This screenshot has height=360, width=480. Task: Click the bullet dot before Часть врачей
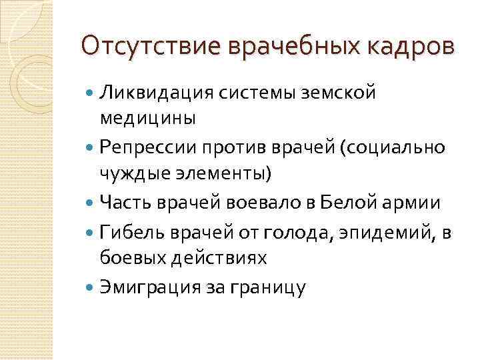pyautogui.click(x=90, y=201)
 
